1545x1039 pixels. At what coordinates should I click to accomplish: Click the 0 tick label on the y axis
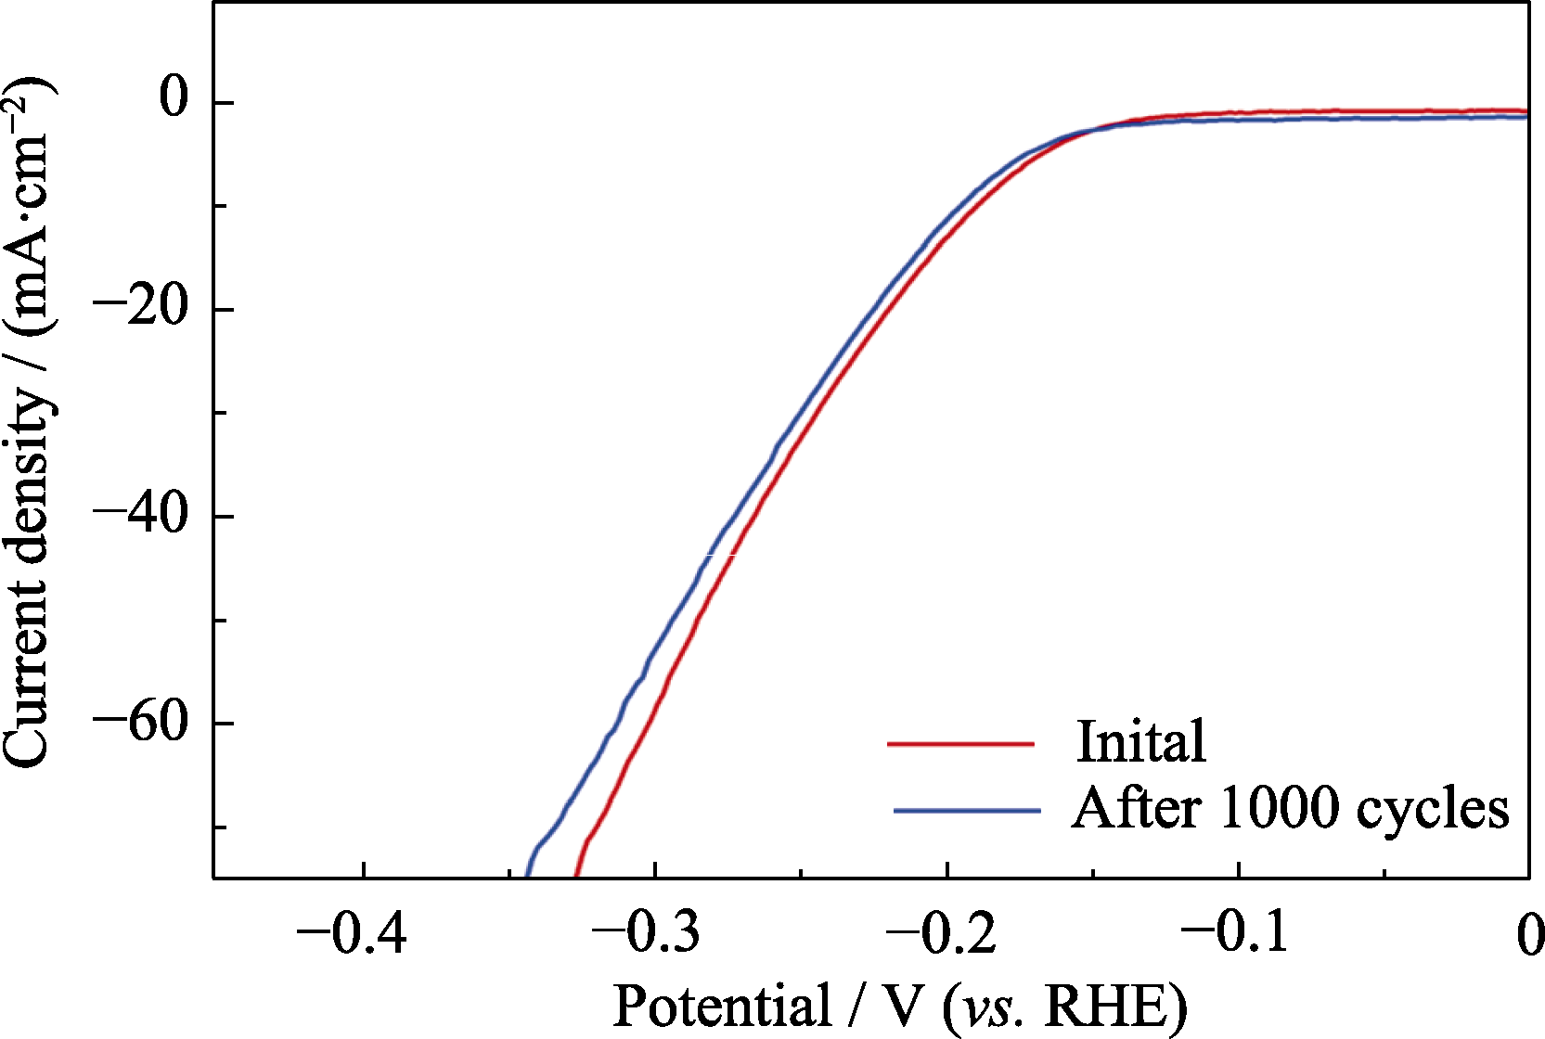174,98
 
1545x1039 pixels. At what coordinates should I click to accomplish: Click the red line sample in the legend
960,743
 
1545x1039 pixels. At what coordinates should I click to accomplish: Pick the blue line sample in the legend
967,811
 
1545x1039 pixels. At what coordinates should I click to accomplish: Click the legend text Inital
1141,741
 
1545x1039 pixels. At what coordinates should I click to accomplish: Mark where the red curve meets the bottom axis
576,876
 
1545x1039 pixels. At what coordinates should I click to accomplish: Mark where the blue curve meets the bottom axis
526,876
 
